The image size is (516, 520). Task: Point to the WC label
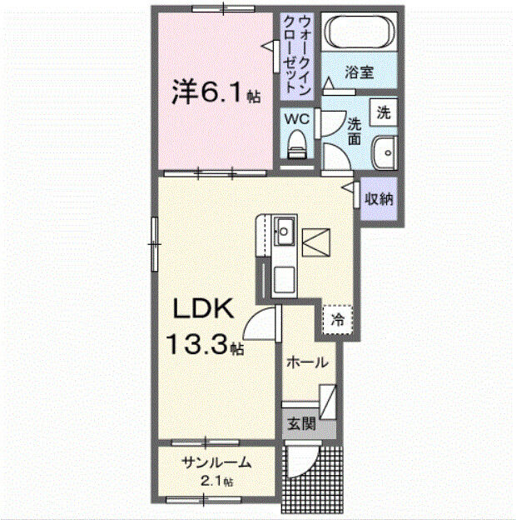coord(297,119)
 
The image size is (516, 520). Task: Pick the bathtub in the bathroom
coord(360,34)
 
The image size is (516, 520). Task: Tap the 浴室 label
coord(360,72)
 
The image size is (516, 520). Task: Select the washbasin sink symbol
coord(384,154)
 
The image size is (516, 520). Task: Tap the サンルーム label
coord(216,463)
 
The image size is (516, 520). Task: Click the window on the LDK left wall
coord(154,243)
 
